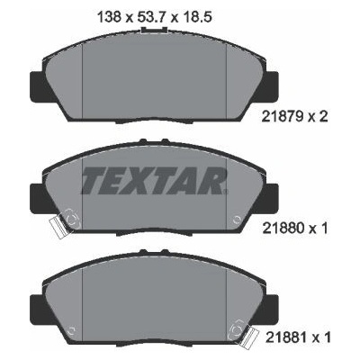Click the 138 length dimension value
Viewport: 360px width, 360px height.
(110, 17)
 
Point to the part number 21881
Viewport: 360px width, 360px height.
(286, 337)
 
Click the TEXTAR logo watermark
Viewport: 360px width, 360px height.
(154, 181)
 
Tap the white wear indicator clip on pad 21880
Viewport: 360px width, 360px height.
(57, 227)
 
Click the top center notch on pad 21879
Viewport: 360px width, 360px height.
(154, 30)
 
